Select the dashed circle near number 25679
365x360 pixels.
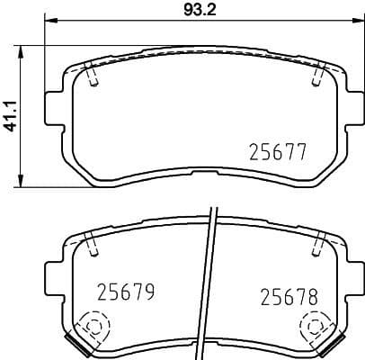click(90, 326)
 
